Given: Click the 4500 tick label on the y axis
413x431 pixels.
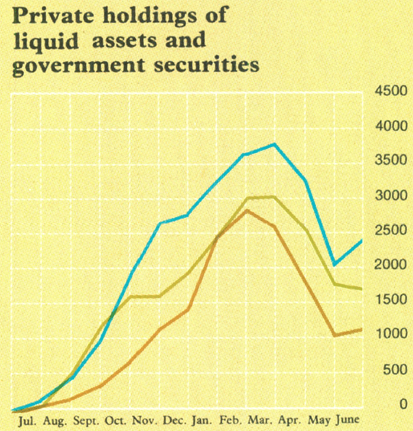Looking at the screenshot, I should [388, 91].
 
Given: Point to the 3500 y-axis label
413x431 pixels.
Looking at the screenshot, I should [388, 161].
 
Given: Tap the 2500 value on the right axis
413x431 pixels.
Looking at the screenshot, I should [388, 230].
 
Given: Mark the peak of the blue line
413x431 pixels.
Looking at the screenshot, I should [275, 144].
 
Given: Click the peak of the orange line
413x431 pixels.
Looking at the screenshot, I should [246, 210].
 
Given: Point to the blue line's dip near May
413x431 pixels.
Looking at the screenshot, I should [334, 264].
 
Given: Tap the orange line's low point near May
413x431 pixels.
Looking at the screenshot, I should [334, 336].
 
